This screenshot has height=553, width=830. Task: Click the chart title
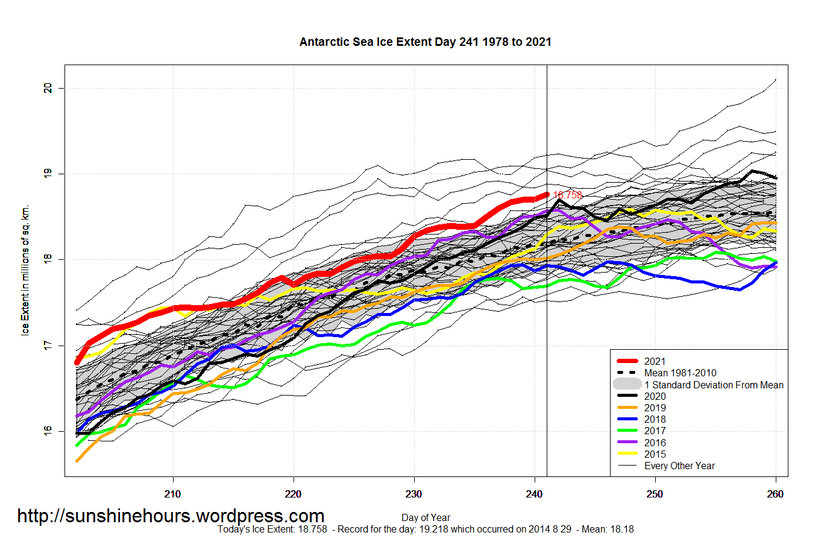pyautogui.click(x=425, y=42)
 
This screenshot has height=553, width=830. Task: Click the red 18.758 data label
pyautogui.click(x=568, y=195)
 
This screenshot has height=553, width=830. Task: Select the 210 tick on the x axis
pyautogui.click(x=172, y=494)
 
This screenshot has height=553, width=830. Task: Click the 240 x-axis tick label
pyautogui.click(x=534, y=494)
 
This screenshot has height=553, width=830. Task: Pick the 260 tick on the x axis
pyautogui.click(x=775, y=494)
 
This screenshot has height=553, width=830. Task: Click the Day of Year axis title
pyautogui.click(x=426, y=517)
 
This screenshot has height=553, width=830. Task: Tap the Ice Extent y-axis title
pyautogui.click(x=25, y=270)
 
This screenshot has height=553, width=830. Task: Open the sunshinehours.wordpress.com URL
pyautogui.click(x=171, y=516)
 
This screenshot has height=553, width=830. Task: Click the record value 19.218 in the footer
pyautogui.click(x=434, y=529)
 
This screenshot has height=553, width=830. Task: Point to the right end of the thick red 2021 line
pyautogui.click(x=547, y=194)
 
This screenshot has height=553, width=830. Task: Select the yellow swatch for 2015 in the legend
pyautogui.click(x=627, y=454)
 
